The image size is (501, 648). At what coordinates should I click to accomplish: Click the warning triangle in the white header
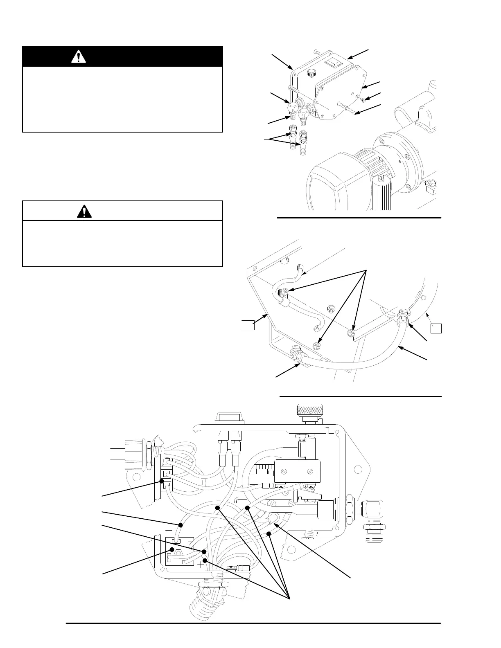click(x=84, y=211)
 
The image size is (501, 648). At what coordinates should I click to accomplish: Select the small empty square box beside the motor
click(x=436, y=328)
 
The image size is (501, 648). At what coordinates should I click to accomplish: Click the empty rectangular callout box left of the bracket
click(x=247, y=325)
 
